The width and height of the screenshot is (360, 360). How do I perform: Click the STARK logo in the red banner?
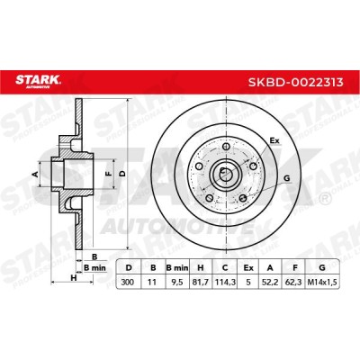[38, 81]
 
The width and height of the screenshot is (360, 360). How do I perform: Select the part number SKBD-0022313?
[295, 82]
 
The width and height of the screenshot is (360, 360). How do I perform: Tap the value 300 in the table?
[128, 283]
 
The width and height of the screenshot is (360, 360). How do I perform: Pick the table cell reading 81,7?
[201, 283]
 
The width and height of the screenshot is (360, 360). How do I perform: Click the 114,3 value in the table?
[225, 283]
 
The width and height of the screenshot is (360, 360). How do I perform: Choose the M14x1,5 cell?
[322, 283]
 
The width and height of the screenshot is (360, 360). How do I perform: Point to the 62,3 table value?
[295, 283]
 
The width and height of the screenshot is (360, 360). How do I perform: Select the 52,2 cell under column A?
[270, 283]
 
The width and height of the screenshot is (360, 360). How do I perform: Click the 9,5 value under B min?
[177, 283]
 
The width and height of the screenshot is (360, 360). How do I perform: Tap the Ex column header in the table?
[248, 267]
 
